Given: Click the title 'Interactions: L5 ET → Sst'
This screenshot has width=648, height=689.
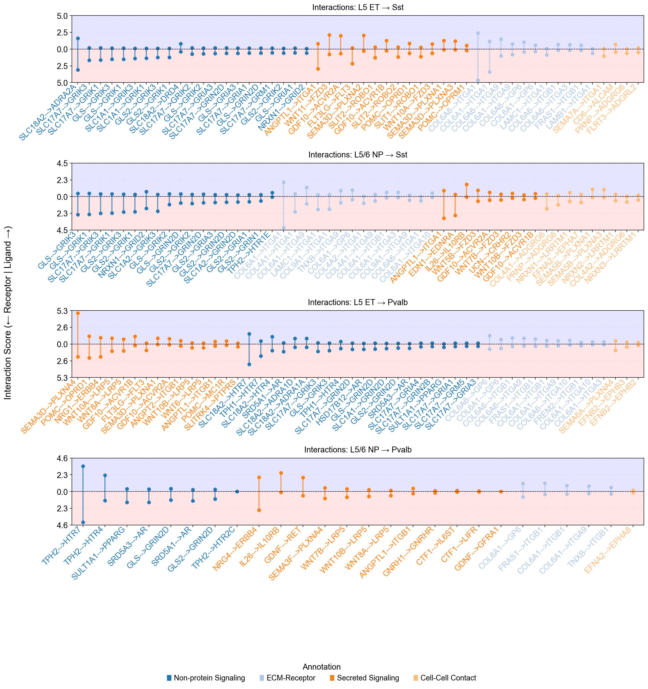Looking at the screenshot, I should (358, 7).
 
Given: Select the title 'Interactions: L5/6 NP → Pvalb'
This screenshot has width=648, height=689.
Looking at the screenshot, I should (358, 450).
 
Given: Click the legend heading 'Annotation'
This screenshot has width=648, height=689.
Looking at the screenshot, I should (322, 667).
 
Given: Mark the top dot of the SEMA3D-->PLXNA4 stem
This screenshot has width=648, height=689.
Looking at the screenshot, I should (78, 313).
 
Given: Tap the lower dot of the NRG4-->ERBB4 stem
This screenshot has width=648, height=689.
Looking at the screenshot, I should (259, 510).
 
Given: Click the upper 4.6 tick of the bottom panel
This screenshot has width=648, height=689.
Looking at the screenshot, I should (63, 459).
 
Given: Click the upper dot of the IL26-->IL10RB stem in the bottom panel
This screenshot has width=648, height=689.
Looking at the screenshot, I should (281, 473).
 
